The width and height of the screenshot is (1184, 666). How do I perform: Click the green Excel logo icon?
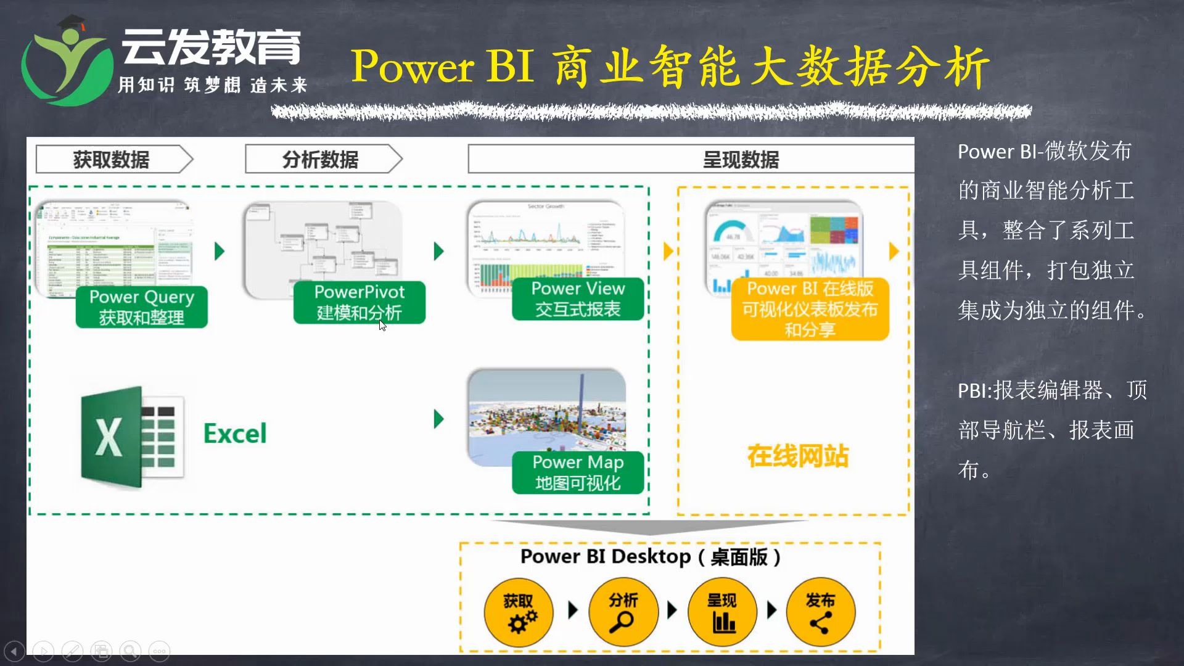[131, 437]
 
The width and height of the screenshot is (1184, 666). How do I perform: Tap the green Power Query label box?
[141, 306]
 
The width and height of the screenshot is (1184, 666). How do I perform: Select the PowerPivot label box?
[359, 302]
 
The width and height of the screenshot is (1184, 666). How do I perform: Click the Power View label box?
[578, 298]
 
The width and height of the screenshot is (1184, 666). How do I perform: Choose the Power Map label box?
[578, 472]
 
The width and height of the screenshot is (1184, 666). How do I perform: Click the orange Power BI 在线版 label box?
[810, 309]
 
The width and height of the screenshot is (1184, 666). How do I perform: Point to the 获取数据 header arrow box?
[113, 159]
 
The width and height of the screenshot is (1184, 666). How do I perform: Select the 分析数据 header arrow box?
[323, 159]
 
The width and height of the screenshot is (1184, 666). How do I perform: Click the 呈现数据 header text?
[741, 160]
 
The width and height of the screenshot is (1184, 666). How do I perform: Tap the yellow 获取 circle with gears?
[519, 612]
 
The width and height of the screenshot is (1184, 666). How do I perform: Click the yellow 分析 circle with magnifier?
[623, 612]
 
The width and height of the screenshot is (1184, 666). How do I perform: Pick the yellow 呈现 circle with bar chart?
[722, 612]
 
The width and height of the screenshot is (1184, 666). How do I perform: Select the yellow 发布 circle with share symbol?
[820, 612]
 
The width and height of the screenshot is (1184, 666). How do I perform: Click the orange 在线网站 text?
[798, 456]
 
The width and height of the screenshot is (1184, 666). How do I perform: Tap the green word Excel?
[235, 434]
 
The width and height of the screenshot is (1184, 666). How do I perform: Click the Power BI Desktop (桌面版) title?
[650, 557]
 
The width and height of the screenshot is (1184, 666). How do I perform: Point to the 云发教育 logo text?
[211, 47]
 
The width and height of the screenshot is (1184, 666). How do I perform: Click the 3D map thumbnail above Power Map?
[546, 410]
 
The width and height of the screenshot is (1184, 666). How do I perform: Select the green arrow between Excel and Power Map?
[439, 419]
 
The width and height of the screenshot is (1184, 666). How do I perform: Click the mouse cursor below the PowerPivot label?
[382, 326]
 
